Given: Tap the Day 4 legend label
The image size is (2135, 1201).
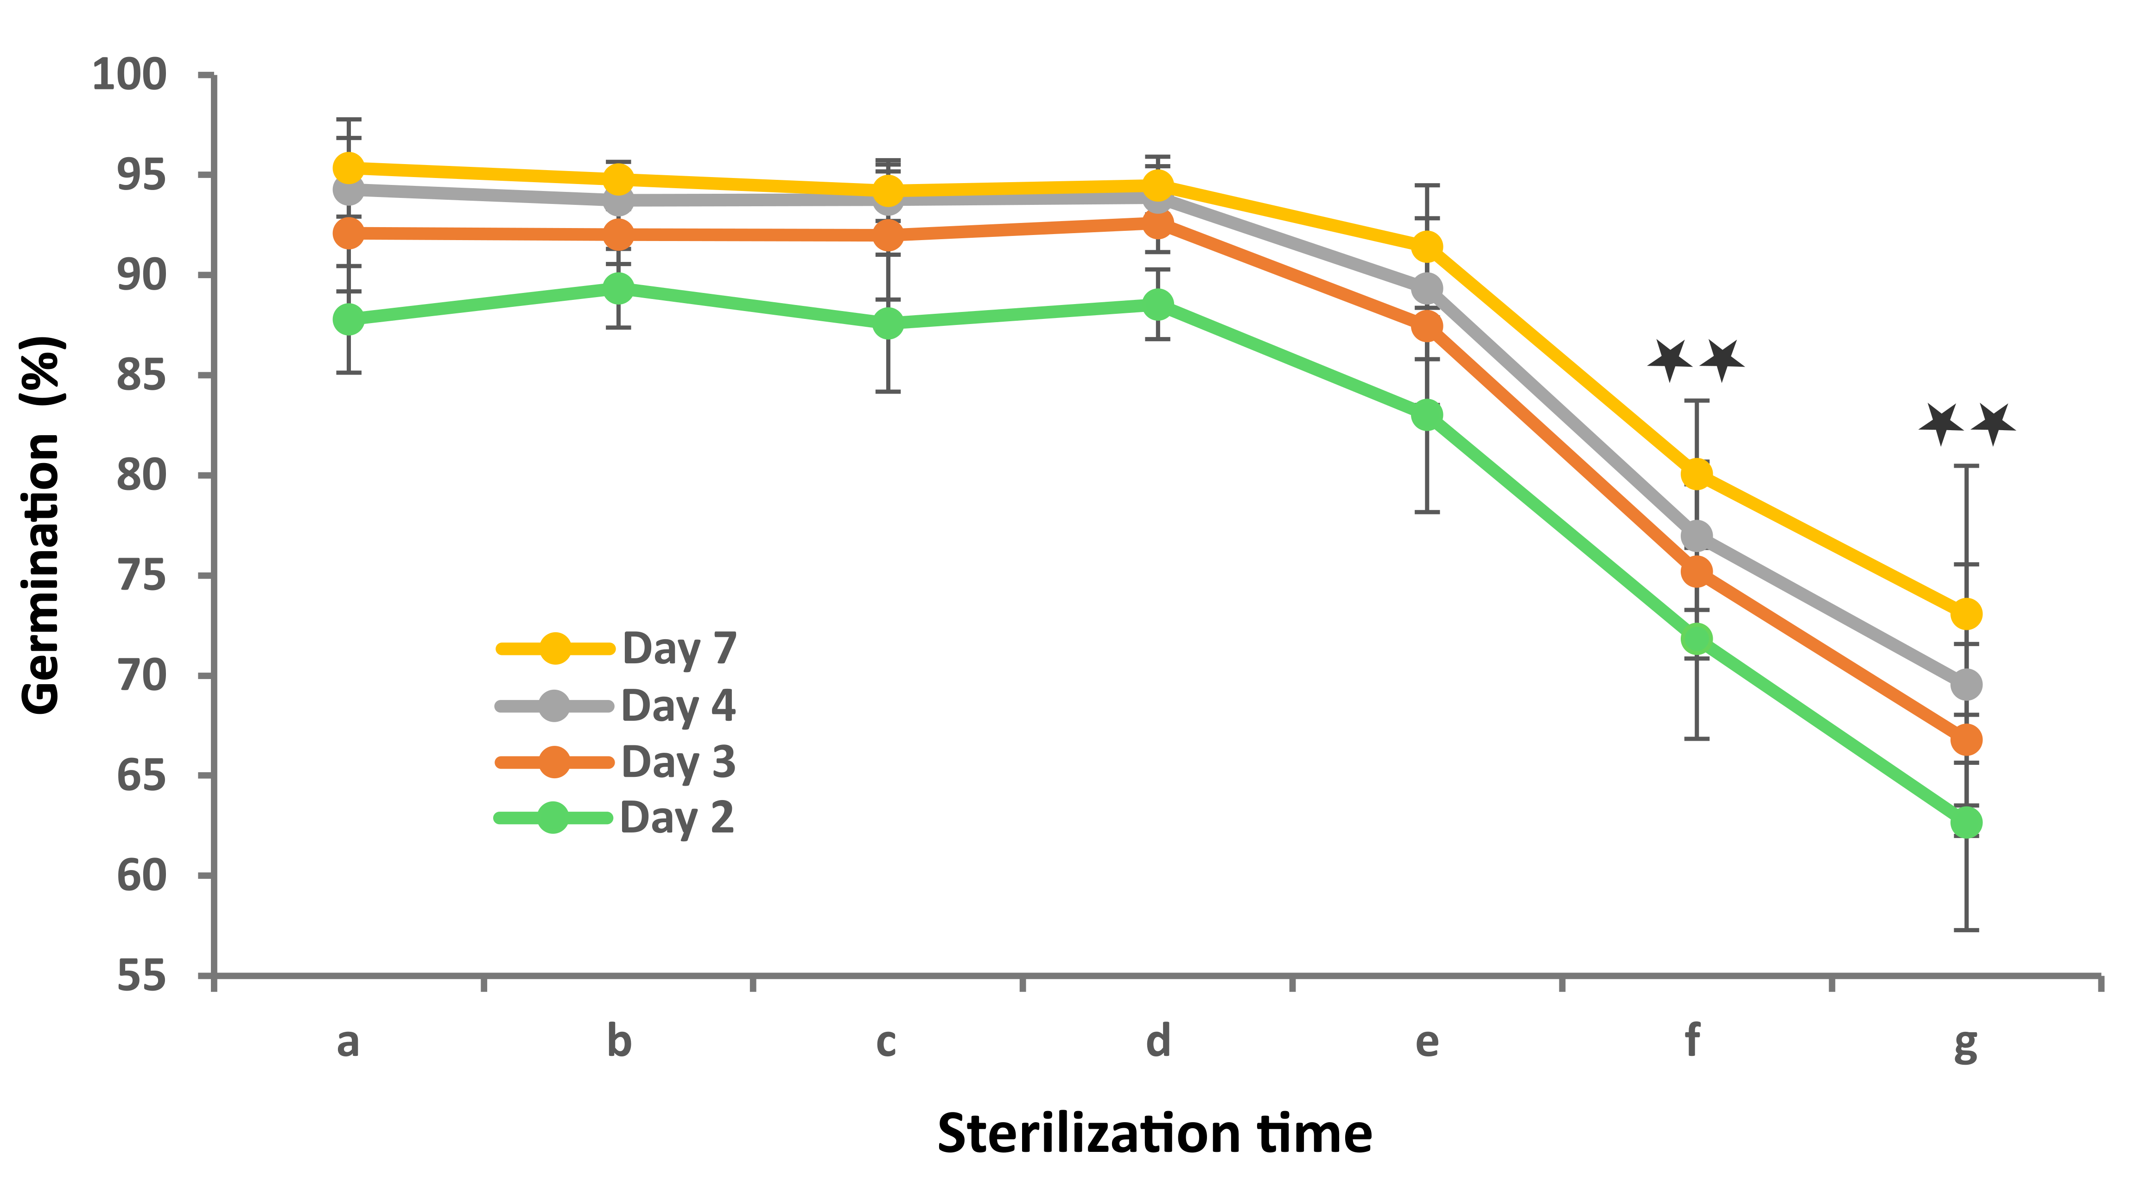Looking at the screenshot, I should tap(678, 705).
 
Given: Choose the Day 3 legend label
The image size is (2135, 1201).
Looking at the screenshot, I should tap(678, 762).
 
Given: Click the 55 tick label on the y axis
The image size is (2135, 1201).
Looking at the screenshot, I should tap(141, 976).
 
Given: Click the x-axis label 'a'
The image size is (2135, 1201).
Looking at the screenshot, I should tap(348, 1042).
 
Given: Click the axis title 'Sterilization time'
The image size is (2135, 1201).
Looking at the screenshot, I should tap(1155, 1134).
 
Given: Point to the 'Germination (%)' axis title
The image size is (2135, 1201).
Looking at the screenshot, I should tap(41, 525).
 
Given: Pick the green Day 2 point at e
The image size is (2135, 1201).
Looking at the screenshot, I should tap(1426, 414).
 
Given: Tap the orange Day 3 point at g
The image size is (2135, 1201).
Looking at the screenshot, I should tap(1966, 739).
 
